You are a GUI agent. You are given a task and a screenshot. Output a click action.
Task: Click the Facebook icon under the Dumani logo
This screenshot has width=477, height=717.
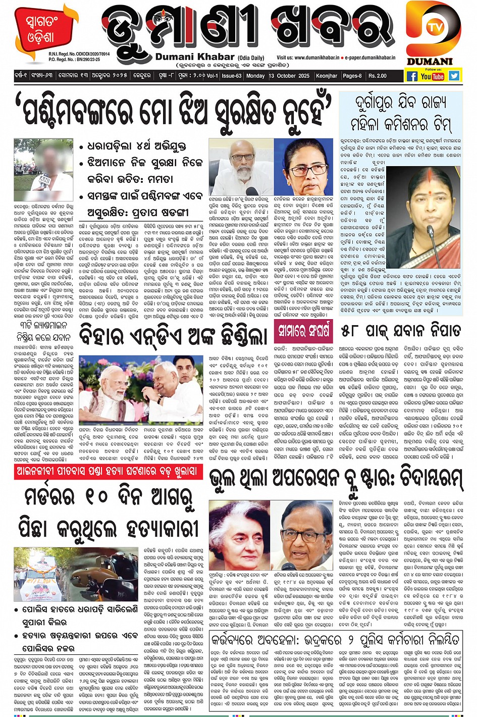tap(412, 76)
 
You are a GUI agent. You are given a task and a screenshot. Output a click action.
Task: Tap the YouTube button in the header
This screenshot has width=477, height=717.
tap(432, 76)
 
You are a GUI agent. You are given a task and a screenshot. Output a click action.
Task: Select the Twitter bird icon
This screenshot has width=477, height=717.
tap(454, 76)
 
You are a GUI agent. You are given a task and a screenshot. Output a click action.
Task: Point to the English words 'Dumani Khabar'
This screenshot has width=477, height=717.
tap(195, 57)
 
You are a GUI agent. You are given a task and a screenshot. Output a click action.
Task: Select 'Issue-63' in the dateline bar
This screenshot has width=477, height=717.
tap(232, 76)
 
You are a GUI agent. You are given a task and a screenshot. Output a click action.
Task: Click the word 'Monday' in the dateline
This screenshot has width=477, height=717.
tap(255, 76)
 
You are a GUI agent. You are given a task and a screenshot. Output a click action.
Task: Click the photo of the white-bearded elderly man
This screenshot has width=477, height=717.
tap(241, 167)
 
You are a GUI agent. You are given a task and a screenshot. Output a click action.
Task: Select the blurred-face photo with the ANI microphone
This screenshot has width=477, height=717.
tap(43, 169)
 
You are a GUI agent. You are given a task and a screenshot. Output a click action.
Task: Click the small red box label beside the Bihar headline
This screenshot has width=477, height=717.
tap(303, 331)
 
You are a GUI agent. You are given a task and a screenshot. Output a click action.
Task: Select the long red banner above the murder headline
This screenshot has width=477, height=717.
tap(109, 472)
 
